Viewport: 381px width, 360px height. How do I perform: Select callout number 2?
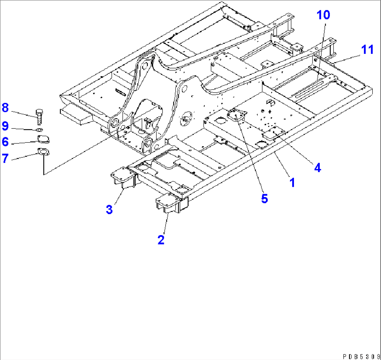click(161, 240)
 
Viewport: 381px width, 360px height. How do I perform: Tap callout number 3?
click(109, 210)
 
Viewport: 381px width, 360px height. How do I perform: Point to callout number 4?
click(317, 168)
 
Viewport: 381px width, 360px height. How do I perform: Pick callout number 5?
click(265, 199)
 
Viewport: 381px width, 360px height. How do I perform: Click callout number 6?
click(5, 142)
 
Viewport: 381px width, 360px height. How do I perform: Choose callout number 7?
click(5, 158)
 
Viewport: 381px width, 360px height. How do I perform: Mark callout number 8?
click(5, 108)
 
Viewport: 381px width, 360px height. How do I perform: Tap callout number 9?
click(5, 125)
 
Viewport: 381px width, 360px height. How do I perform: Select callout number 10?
click(323, 15)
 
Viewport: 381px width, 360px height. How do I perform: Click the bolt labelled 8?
click(39, 117)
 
